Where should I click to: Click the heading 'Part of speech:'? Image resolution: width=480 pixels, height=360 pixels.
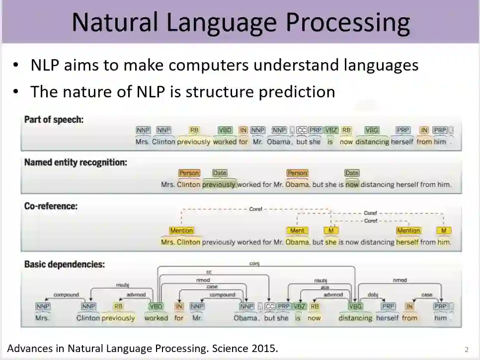54,120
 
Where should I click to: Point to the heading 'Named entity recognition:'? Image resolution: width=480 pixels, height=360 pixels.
76,162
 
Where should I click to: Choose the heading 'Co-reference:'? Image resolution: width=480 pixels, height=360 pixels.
51,206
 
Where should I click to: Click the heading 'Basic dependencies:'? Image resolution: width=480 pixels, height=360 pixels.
65,265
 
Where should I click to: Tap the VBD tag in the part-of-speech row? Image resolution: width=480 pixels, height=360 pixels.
225,130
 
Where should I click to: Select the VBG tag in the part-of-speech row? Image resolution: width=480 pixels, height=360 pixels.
372,130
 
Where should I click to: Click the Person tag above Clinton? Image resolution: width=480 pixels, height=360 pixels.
189,173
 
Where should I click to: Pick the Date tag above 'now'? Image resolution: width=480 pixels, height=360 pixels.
352,173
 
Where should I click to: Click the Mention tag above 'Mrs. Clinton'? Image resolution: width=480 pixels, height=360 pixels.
181,231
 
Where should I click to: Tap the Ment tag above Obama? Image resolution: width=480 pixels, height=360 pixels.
297,231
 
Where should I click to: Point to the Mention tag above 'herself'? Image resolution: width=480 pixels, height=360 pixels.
408,231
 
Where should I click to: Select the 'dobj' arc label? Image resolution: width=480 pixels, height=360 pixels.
373,295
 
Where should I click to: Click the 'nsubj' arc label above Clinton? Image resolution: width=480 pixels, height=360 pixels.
122,285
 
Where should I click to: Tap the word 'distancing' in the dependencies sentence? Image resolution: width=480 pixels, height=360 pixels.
355,318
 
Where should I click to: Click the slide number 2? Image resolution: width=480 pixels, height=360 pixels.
466,349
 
